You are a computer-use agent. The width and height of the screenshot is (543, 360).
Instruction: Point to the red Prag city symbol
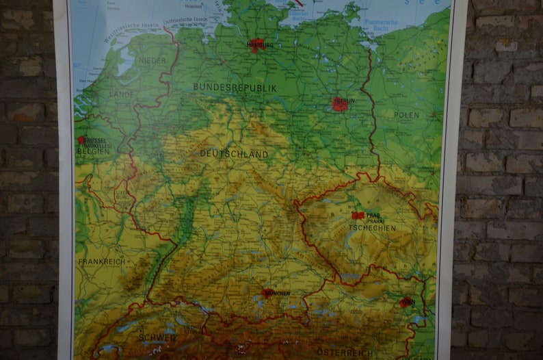356,215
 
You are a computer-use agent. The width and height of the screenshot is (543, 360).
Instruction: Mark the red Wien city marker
406,301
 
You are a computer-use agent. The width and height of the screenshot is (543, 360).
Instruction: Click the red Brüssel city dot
81,140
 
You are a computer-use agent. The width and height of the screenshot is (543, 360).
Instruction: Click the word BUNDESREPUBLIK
235,88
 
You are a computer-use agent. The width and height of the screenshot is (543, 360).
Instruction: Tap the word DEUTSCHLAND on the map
234,154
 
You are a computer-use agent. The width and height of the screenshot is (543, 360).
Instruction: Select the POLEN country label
406,115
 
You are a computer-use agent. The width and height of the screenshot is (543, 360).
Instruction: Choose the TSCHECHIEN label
372,229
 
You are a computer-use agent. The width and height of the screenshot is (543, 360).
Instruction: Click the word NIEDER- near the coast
153,60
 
